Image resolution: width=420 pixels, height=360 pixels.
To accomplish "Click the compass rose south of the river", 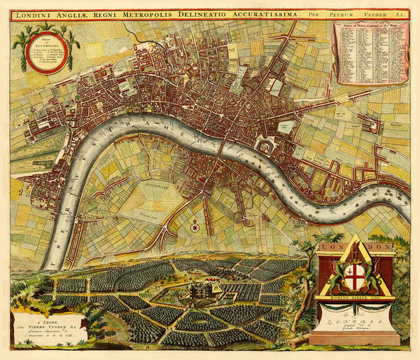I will click(x=194, y=226).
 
